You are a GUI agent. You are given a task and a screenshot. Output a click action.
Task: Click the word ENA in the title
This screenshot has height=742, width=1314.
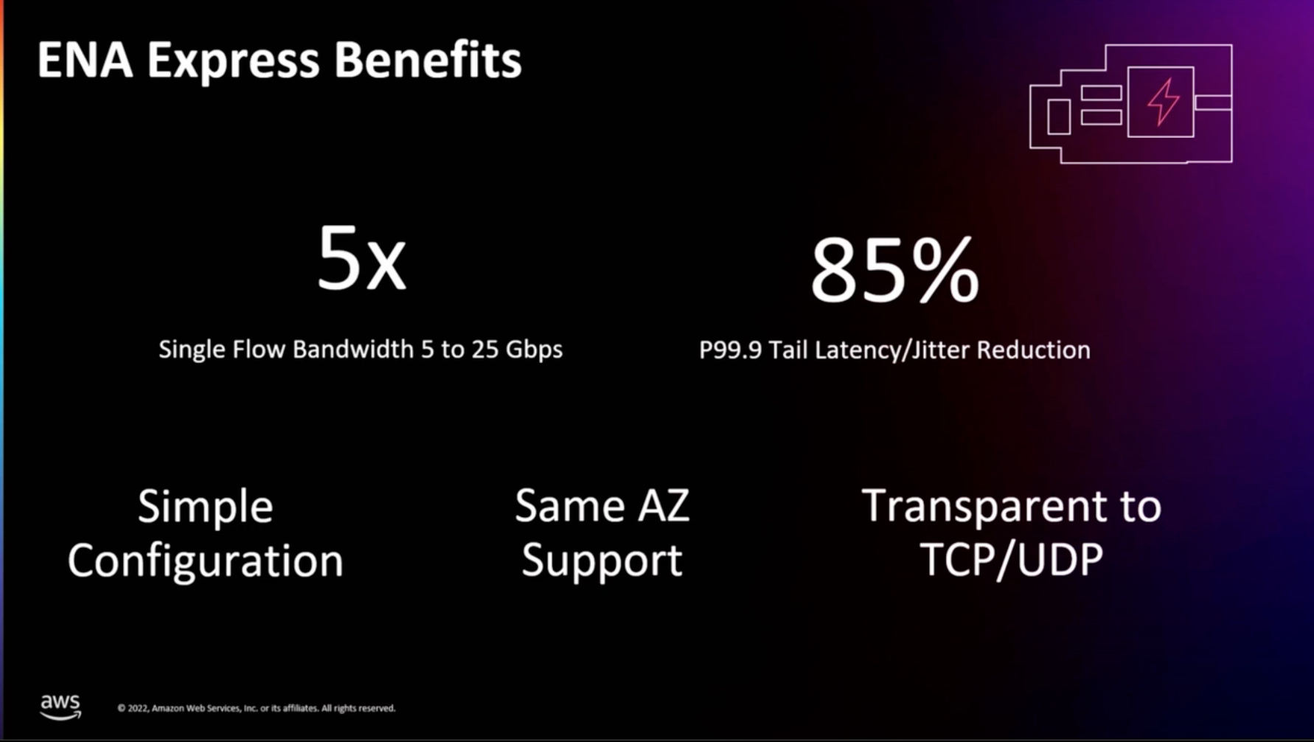coord(85,60)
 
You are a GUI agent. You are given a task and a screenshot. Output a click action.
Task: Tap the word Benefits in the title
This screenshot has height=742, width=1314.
coord(427,60)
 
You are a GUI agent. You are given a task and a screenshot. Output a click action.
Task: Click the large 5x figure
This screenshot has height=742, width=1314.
coord(361,259)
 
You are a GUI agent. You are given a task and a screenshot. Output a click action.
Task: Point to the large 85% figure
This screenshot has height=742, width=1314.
coord(894,271)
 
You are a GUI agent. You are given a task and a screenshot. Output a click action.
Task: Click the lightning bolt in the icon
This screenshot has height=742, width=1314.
coord(1163,101)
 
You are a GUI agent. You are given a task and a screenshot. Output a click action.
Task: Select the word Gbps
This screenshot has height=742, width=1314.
coord(534,350)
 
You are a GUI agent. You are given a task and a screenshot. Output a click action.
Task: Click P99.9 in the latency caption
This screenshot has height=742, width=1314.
coord(730,350)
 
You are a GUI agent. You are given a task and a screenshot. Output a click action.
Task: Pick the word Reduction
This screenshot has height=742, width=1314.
coord(1033,350)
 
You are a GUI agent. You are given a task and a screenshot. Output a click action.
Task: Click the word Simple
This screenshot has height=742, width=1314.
coord(205,507)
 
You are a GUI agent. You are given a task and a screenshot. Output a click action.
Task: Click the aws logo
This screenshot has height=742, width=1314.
coord(60,707)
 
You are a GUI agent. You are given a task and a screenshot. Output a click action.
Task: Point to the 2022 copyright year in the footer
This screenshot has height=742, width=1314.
coord(138,708)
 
